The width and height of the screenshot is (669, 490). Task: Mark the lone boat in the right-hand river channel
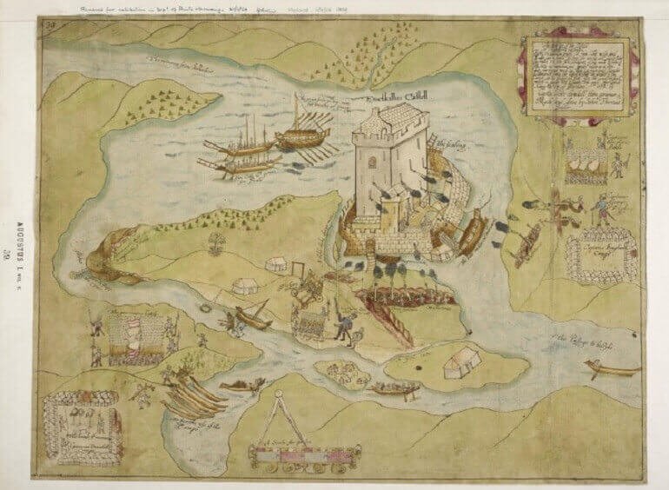[x=613, y=369]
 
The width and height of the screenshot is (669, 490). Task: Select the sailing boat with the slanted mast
[x=252, y=316]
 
